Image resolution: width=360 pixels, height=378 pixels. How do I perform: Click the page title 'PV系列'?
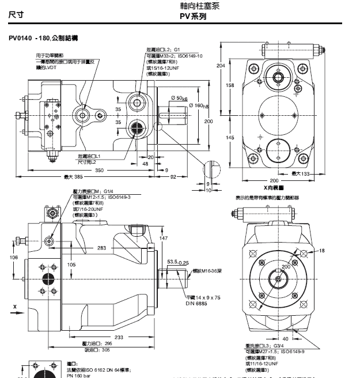coord(193,17)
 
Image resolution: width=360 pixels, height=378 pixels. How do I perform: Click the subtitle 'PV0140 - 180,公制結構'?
coord(43,37)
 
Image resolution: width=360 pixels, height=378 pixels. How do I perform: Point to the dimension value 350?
coord(100,171)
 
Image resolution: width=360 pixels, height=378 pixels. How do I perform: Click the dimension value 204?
coord(220,66)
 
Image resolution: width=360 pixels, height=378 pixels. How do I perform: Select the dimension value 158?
coord(230,85)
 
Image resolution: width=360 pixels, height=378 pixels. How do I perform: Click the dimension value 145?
coord(230,138)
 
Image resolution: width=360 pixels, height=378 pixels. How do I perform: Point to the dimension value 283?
coord(101,248)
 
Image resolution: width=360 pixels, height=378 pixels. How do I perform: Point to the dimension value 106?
coord(14,258)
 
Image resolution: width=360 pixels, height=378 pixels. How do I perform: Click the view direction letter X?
coord(14,314)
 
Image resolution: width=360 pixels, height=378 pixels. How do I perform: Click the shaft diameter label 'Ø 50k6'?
coord(179,99)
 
